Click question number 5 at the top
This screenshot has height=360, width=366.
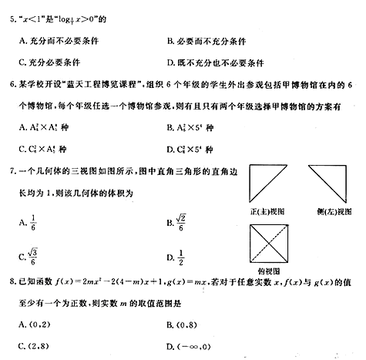[x=10, y=16]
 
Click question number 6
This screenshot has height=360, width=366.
[x=10, y=87]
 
